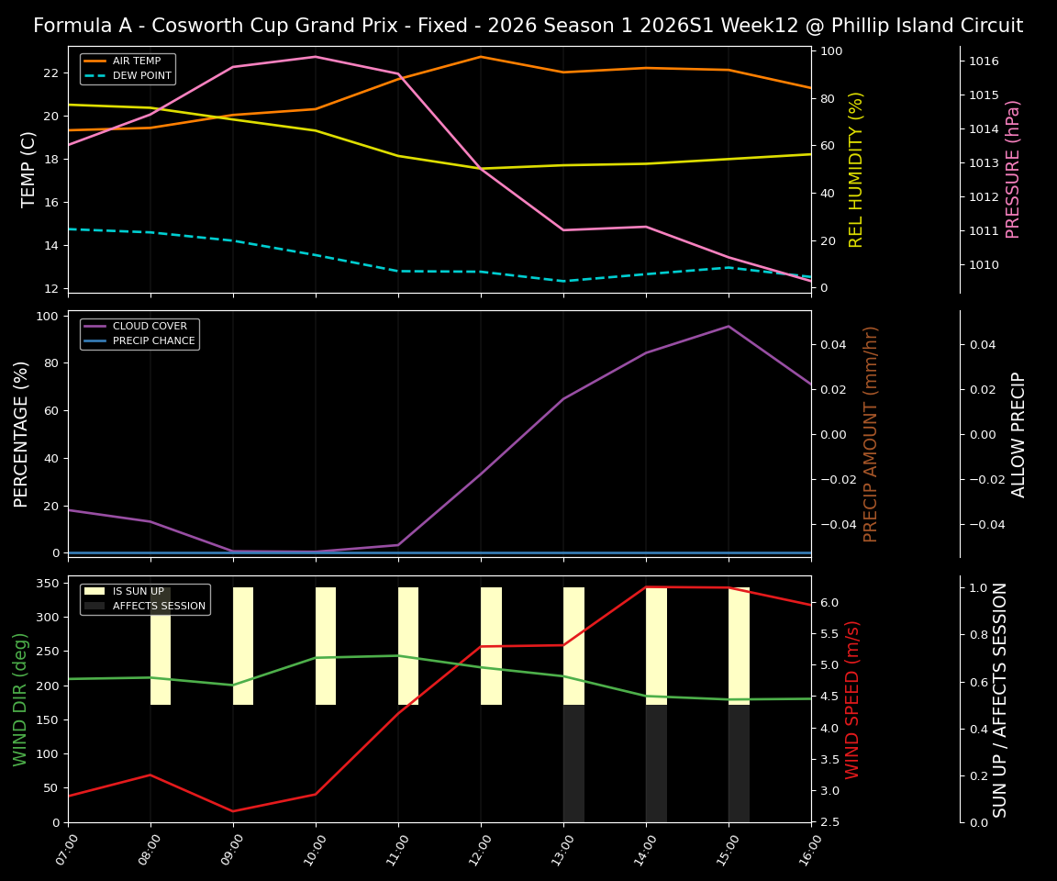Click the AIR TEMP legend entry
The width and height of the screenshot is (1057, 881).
click(x=136, y=61)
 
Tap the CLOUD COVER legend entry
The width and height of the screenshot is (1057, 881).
click(x=150, y=327)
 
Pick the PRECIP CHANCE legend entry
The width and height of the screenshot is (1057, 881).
click(x=153, y=341)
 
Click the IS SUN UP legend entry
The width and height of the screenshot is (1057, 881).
click(x=138, y=592)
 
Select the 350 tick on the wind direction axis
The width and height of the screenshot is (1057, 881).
click(x=53, y=583)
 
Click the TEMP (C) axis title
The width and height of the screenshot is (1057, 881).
click(x=29, y=169)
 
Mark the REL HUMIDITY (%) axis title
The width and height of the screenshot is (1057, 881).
click(x=857, y=169)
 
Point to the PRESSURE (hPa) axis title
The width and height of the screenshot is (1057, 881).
click(x=1013, y=169)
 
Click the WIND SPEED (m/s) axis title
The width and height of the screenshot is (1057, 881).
click(x=853, y=699)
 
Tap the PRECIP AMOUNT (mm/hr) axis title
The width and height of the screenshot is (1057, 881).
click(x=871, y=433)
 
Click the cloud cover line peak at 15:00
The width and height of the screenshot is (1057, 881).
click(x=729, y=326)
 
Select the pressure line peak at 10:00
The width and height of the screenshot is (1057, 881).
click(x=316, y=57)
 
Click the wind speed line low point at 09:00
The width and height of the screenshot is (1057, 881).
click(x=233, y=811)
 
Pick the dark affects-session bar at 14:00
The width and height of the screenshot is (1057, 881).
click(x=656, y=764)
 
